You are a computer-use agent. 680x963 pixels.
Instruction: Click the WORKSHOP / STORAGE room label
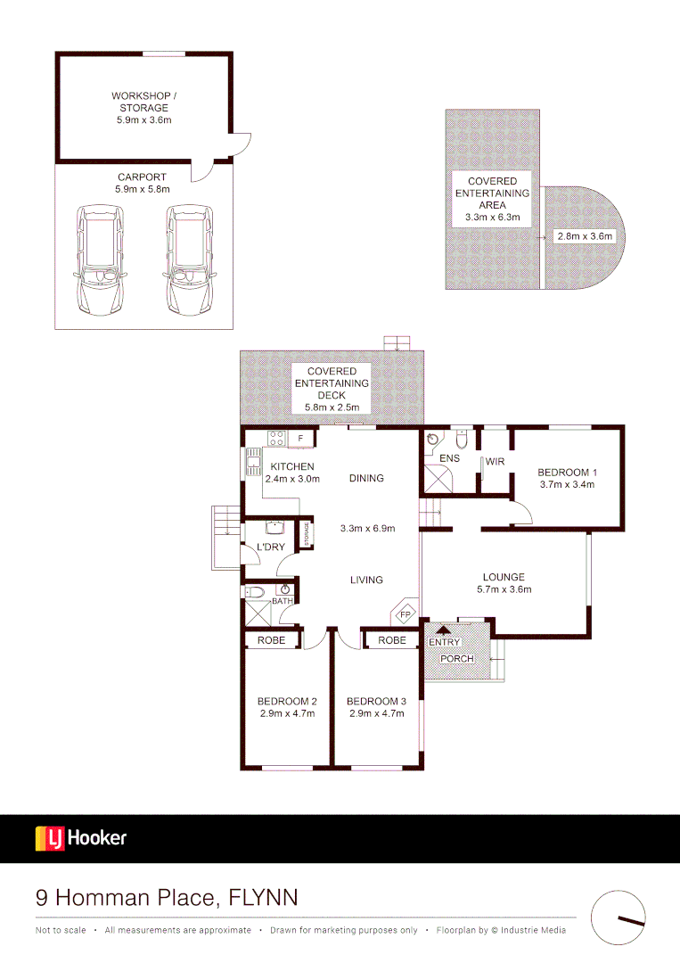(x=139, y=102)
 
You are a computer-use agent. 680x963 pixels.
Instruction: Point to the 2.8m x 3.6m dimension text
(x=585, y=236)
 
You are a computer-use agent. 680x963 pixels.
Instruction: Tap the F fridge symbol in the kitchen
(x=300, y=438)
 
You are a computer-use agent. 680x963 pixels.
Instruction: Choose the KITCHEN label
(x=292, y=466)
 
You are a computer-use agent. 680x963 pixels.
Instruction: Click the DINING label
(x=366, y=478)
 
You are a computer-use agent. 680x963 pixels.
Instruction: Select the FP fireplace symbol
(x=405, y=614)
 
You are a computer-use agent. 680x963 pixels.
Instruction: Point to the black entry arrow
(x=443, y=631)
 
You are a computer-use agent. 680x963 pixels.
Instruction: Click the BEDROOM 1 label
(x=567, y=473)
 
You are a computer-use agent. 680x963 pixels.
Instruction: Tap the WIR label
(x=496, y=462)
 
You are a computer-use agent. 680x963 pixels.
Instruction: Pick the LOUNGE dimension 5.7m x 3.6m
(x=504, y=589)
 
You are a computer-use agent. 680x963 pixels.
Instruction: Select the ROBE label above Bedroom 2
(x=272, y=640)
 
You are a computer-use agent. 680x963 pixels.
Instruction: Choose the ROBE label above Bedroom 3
(x=392, y=640)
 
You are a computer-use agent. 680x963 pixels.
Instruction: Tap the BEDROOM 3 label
(x=375, y=701)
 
